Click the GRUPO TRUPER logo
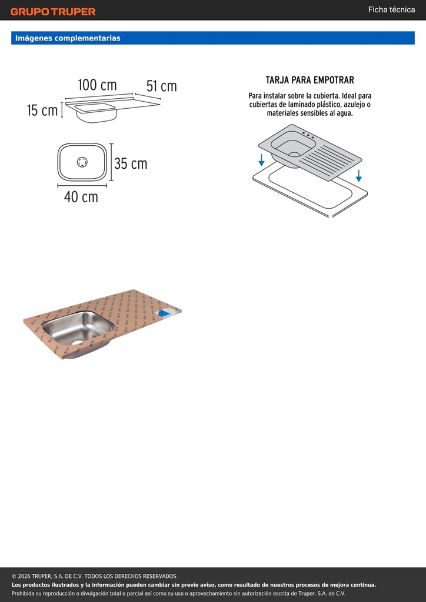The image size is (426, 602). point(53,12)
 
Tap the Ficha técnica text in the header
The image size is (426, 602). point(391,10)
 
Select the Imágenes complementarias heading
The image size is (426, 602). point(68,38)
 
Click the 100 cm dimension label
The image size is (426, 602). point(97,85)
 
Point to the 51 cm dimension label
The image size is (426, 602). point(161,86)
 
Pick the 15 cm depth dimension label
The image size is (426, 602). point(42,110)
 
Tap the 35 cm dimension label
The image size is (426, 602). point(131,163)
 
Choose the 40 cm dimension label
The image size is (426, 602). point(81,197)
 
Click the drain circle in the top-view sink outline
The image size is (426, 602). point(82,162)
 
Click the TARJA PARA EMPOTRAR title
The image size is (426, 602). point(309,80)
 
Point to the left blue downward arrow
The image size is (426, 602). point(262,160)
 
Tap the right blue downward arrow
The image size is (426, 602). point(359,175)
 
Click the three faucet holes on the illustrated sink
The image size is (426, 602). point(308,135)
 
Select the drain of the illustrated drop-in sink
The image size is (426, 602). point(294,155)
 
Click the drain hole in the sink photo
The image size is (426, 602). point(78,343)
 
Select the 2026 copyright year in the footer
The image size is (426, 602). point(24,576)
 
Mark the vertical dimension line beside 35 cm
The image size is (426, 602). point(111,162)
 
